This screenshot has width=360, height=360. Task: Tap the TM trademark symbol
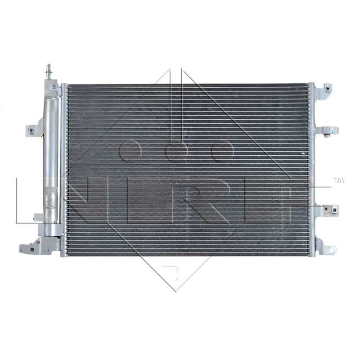point(339,180)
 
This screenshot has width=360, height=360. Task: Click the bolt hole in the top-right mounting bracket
point(328,88)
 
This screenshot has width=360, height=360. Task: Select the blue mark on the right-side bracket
point(332,132)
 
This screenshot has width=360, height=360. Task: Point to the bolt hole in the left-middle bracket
point(31,130)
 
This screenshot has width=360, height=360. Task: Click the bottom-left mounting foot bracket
point(39,246)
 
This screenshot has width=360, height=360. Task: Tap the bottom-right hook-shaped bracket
point(325,247)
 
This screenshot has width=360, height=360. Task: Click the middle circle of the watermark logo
point(177,151)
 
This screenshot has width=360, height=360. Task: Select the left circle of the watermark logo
point(130,151)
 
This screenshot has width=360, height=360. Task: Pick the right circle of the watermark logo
point(223,151)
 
